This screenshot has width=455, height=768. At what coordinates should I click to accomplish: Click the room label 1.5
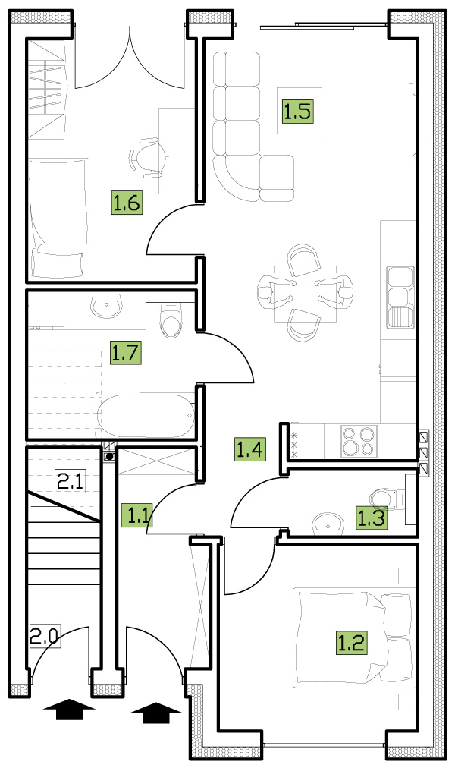(x=297, y=111)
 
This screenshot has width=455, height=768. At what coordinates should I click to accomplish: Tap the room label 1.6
(x=127, y=203)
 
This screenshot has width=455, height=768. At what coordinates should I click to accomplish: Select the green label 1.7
(x=126, y=353)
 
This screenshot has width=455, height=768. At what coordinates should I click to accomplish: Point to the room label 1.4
(x=250, y=449)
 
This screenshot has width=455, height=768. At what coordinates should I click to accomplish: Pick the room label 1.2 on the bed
(x=351, y=642)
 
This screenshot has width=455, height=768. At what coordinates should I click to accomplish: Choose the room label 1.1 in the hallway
(x=137, y=515)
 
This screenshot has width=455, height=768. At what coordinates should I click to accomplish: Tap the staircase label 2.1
(x=70, y=481)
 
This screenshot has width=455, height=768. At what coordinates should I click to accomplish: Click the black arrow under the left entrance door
(x=68, y=710)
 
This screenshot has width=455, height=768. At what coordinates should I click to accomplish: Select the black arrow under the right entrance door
(x=156, y=713)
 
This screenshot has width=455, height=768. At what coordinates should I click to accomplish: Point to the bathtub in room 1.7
(x=146, y=415)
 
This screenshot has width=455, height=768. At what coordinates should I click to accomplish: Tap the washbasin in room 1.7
(x=105, y=306)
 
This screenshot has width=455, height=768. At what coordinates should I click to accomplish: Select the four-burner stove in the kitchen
(x=359, y=442)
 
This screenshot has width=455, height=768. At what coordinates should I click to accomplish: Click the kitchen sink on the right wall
(x=400, y=297)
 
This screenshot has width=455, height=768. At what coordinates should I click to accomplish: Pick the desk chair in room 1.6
(x=146, y=157)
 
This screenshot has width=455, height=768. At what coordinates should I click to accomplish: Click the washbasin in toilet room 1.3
(x=328, y=523)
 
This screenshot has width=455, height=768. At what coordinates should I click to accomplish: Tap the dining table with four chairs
(x=306, y=294)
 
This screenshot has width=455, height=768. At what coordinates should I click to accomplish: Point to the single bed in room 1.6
(x=58, y=219)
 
